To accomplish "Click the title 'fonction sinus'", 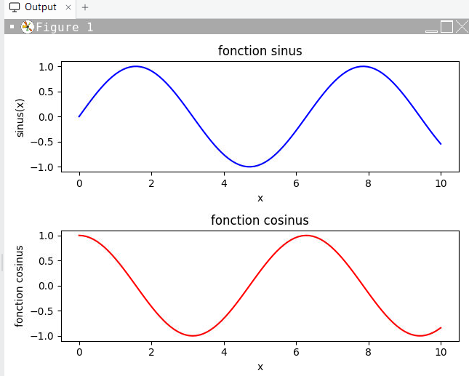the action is [260, 51].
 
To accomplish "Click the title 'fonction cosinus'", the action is [260, 220].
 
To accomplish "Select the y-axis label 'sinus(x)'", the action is [20, 118].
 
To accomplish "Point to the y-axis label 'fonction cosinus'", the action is [19, 287].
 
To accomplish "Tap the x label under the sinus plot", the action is [260, 198].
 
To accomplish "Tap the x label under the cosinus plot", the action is [260, 367].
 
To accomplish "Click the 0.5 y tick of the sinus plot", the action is [46, 92].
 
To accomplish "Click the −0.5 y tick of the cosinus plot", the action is [42, 311].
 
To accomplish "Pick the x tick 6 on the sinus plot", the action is [296, 183].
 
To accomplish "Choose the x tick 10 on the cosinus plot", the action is [441, 352].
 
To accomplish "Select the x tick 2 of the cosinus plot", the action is [152, 352].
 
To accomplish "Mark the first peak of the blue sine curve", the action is [136, 66].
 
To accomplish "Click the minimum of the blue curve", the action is [249, 167].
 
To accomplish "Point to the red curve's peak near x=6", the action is [306, 236].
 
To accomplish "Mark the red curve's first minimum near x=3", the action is [193, 335].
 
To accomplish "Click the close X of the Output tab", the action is [68, 7].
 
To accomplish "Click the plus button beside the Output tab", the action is [85, 7].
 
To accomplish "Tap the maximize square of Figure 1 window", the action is [447, 27].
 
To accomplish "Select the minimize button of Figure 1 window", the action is [431, 31].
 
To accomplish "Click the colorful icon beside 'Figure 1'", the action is [27, 27].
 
